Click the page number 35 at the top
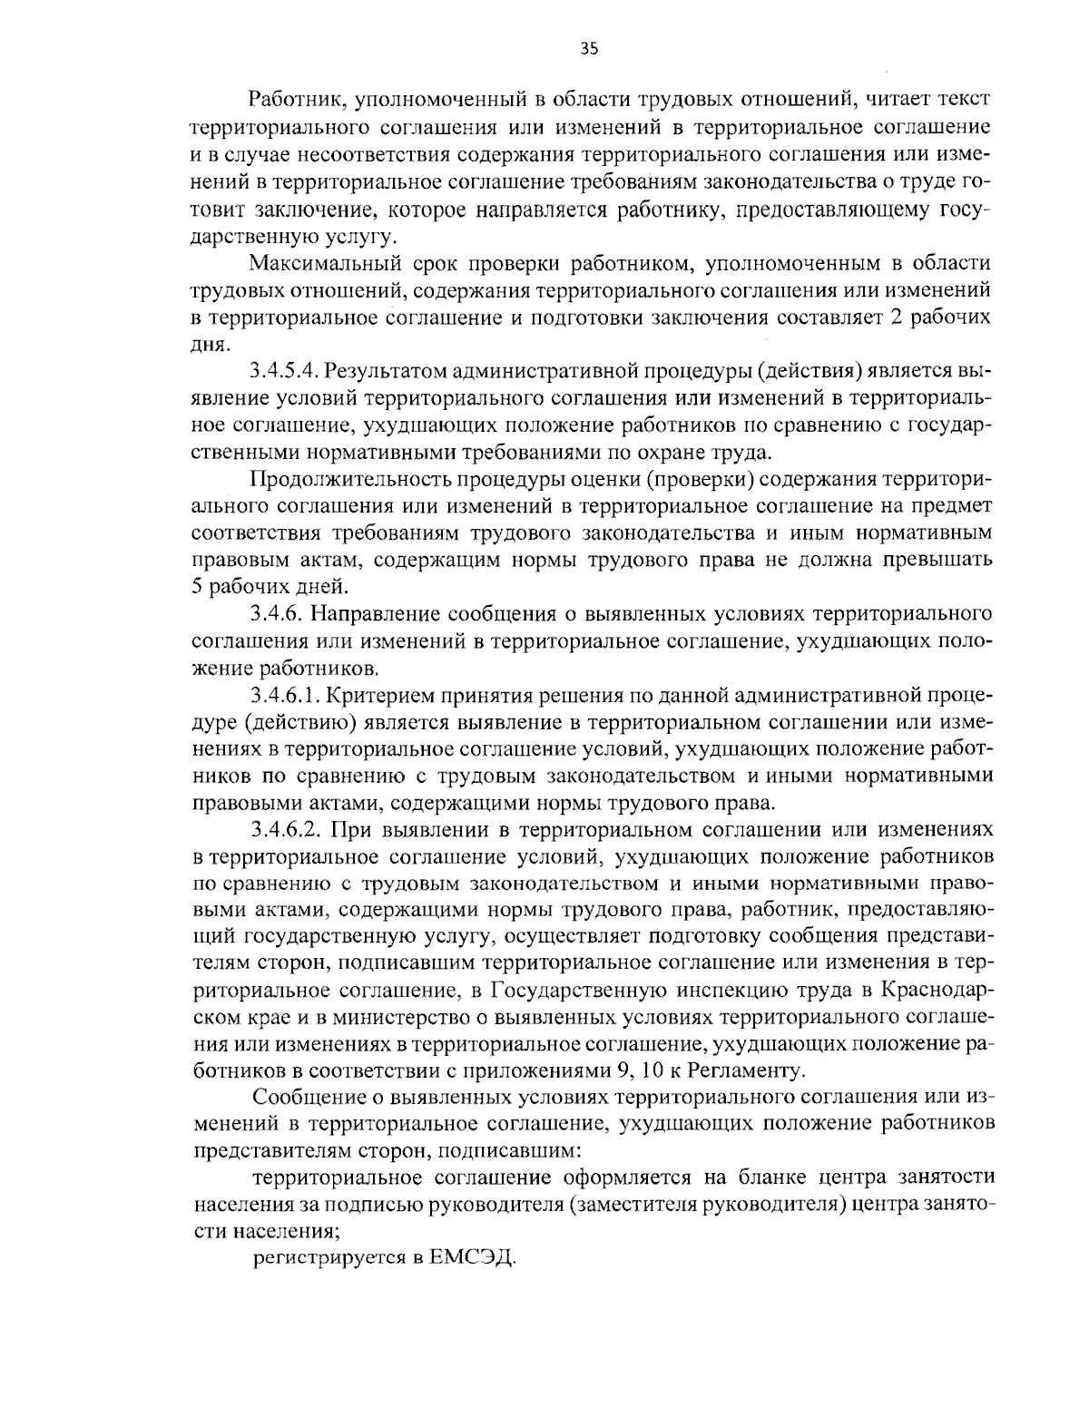pyautogui.click(x=588, y=50)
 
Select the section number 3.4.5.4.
pyautogui.click(x=283, y=371)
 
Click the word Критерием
pyautogui.click(x=378, y=696)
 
